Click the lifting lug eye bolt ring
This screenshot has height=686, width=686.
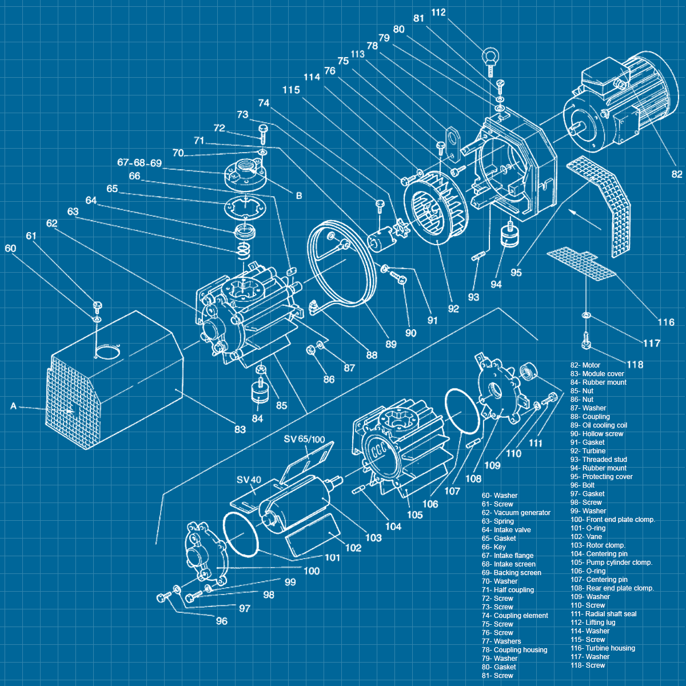click(490, 55)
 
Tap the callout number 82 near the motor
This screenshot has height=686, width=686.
click(677, 174)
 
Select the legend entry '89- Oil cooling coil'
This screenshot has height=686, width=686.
click(599, 425)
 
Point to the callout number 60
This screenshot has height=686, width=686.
click(10, 248)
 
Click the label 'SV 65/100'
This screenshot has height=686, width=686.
click(304, 439)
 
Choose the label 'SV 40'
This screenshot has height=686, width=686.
click(249, 480)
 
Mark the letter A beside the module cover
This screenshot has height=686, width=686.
click(13, 406)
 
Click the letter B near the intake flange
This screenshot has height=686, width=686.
click(299, 196)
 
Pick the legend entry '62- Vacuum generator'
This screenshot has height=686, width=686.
click(516, 513)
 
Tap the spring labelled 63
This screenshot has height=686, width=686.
click(244, 250)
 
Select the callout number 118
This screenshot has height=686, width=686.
click(635, 365)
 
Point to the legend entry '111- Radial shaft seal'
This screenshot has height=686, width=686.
click(603, 614)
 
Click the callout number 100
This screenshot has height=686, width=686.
click(312, 571)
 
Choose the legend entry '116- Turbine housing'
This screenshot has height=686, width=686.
click(603, 648)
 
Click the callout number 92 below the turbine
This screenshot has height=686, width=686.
click(453, 309)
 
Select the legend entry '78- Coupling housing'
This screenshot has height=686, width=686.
click(514, 650)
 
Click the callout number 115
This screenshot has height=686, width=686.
click(291, 90)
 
